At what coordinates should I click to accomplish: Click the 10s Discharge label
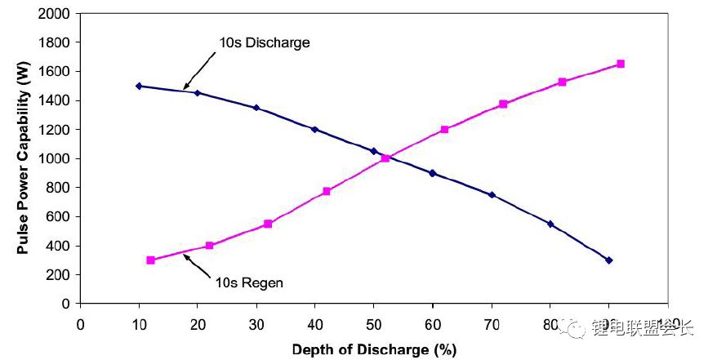264,42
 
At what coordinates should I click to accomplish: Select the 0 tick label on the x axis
80,323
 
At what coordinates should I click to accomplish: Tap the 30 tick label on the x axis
256,323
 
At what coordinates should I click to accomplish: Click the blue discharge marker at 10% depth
139,86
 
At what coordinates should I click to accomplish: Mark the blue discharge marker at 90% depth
608,260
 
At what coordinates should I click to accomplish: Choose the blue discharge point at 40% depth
314,129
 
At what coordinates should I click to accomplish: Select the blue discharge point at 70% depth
492,194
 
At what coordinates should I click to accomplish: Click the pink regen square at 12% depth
150,260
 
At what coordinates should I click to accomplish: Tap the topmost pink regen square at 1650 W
621,64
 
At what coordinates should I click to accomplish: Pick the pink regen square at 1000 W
385,158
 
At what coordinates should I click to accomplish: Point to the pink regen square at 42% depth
327,191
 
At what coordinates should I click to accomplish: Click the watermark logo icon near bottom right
579,328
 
